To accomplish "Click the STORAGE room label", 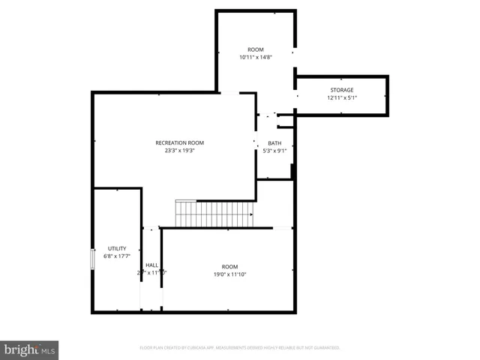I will [x=341, y=90].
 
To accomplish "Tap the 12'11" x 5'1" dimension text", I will [x=341, y=97].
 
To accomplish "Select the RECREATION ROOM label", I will [x=179, y=142].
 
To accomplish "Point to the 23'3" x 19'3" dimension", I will [x=179, y=150].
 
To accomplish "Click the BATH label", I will [x=274, y=143].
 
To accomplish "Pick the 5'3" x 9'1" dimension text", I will [x=274, y=151].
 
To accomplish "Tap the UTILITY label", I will [x=117, y=248].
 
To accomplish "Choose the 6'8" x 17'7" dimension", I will [x=117, y=256].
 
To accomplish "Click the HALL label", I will [x=151, y=265].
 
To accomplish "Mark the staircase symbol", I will [x=215, y=214].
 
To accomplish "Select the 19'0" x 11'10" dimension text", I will [x=229, y=274].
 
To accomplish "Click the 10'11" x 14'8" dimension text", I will [x=255, y=57].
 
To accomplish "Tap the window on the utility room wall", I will [x=93, y=258].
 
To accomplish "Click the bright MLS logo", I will [x=29, y=349].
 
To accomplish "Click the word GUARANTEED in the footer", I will [x=325, y=348].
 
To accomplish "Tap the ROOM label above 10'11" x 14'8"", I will [x=256, y=49].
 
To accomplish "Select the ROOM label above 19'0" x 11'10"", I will [x=229, y=267].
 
